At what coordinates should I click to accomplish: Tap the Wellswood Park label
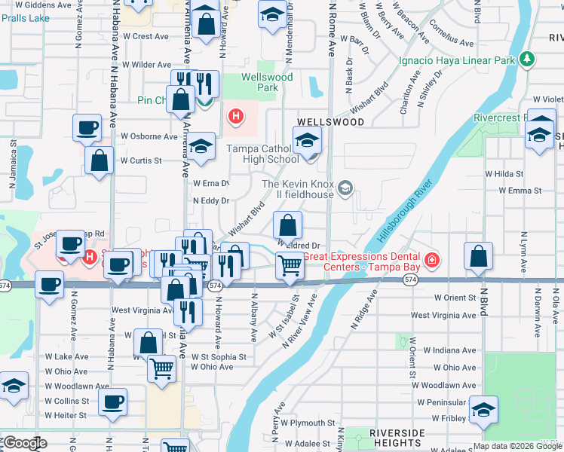(260, 82)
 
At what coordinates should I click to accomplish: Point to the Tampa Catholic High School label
(263, 154)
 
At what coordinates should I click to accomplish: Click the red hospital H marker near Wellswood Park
(236, 116)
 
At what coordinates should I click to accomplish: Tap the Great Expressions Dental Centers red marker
(431, 261)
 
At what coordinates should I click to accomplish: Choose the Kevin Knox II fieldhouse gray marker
(345, 188)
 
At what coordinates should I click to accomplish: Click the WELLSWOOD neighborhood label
(325, 121)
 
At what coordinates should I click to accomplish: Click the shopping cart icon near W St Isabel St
(290, 265)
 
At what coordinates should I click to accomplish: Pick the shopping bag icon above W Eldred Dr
(287, 224)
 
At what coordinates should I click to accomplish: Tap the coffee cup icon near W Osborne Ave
(87, 127)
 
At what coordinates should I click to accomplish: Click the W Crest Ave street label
(146, 36)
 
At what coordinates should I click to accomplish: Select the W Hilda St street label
(504, 173)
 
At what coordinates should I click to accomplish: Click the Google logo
(26, 444)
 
